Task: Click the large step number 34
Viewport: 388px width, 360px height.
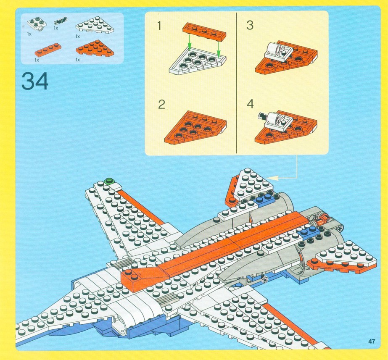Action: point(35,81)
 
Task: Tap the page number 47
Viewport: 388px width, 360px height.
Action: point(371,341)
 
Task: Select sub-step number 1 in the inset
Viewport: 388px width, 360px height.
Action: point(159,26)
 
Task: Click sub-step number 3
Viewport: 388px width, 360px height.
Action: point(250,26)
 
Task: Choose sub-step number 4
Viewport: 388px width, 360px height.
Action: point(250,104)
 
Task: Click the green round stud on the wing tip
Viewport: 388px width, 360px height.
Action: point(110,181)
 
